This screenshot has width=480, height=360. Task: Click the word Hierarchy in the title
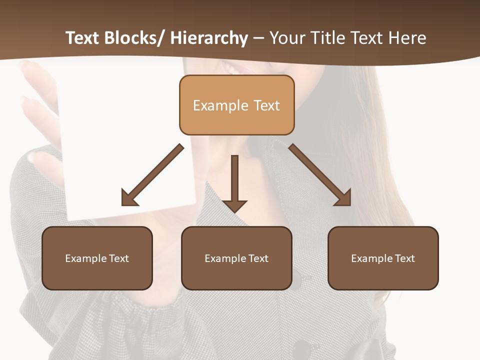point(209,38)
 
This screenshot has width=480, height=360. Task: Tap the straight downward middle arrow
point(234,183)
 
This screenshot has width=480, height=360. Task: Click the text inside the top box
point(236,105)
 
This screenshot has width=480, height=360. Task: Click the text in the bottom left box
point(97,258)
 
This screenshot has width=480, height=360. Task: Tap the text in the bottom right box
point(383,258)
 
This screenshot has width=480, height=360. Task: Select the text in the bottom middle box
point(236,258)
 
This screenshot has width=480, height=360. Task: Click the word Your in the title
point(287,38)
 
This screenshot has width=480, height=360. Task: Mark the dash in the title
point(258,38)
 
